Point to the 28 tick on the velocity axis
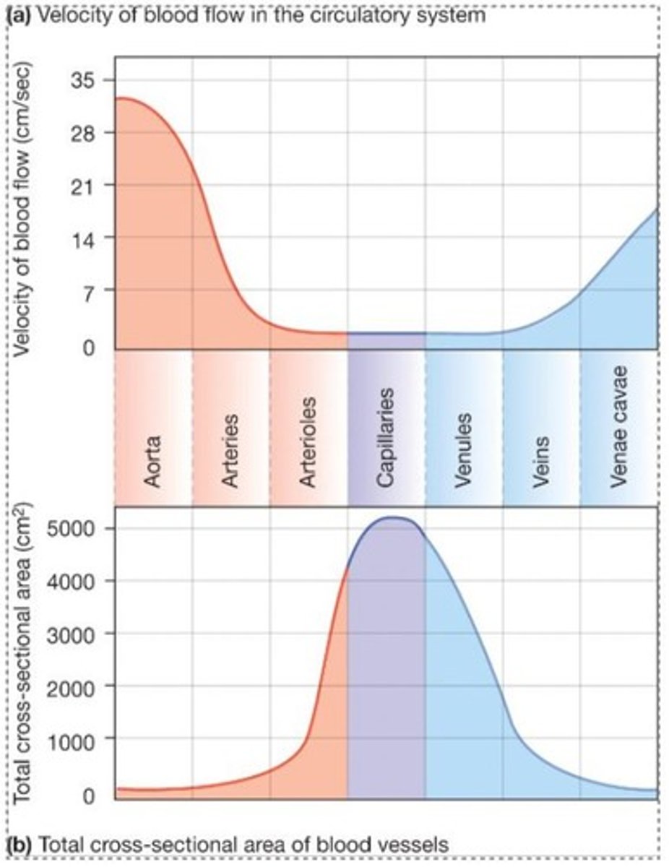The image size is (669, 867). coord(85,132)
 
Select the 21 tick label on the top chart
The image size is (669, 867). coord(85,185)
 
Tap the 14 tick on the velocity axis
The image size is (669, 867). coord(85,238)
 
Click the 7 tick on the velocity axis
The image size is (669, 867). coord(91,290)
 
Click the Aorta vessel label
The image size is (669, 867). coord(153,460)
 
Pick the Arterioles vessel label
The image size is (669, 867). coord(308,440)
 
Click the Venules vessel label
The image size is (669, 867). coord(464,449)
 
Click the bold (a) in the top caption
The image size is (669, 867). coord(19,15)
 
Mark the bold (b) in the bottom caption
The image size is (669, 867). coord(19,843)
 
